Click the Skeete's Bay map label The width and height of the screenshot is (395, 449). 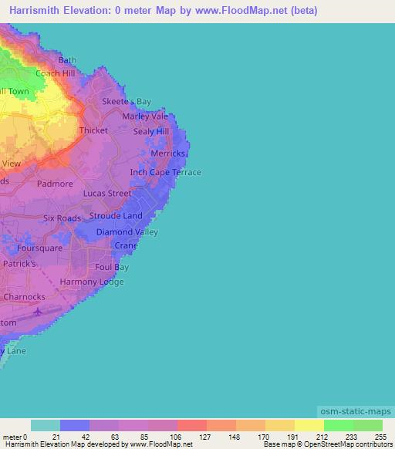coord(127,101)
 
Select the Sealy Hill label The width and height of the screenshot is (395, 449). coord(150,132)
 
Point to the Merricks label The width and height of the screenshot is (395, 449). coord(168,154)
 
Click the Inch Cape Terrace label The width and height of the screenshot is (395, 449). coord(165,172)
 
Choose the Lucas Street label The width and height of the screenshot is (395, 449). coord(107,193)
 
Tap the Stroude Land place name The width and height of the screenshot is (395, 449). coord(116,216)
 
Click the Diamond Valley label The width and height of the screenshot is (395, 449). coord(127,231)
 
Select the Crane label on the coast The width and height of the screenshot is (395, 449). coord(126,245)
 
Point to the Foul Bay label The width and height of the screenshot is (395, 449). coord(112,267)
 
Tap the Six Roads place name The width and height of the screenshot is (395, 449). coord(62,218)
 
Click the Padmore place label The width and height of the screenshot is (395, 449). coord(55,184)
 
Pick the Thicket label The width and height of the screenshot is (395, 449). coord(93,130)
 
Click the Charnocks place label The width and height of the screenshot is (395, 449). coord(25,296)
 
